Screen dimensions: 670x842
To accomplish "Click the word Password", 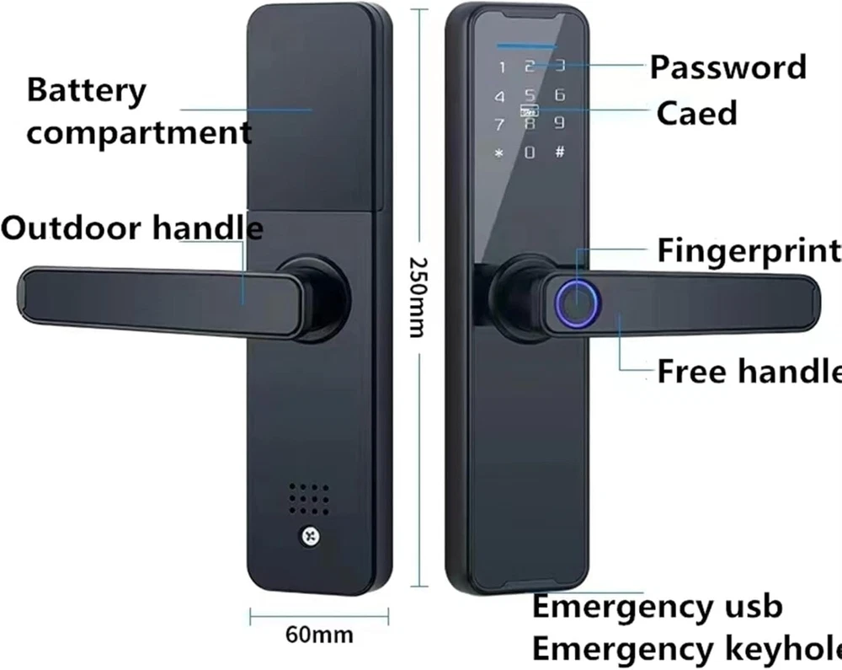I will (x=727, y=67).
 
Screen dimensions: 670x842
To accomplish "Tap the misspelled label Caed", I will (x=696, y=113).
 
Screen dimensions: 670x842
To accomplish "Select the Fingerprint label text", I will (x=749, y=250).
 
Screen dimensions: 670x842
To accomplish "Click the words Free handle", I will (x=749, y=371).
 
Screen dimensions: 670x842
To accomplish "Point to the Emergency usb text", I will (x=658, y=606).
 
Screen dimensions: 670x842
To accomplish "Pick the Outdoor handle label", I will (x=132, y=228).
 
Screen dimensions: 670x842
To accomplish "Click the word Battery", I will (x=87, y=90).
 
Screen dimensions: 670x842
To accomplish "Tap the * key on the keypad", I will (x=499, y=153).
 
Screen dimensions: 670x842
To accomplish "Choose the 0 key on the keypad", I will (x=530, y=153).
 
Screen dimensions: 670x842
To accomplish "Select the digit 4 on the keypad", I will (x=500, y=97).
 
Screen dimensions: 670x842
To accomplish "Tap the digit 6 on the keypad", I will (x=559, y=95).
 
